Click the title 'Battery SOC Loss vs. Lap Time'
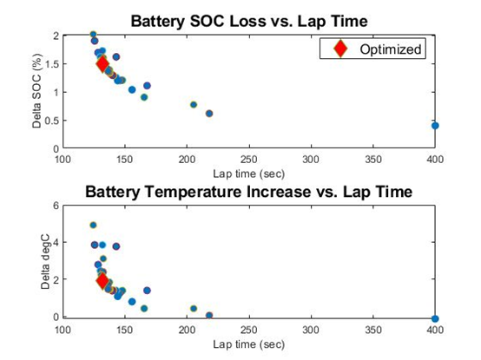click(x=249, y=22)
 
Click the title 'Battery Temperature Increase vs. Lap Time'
click(x=249, y=192)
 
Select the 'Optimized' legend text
click(x=391, y=49)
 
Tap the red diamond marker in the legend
click(x=340, y=49)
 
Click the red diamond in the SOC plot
click(x=102, y=64)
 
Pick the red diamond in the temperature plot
click(x=102, y=280)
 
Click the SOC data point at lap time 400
click(x=435, y=126)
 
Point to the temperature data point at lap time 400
click(x=435, y=318)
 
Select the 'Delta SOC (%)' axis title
click(x=36, y=91)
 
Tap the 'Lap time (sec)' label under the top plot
click(x=249, y=174)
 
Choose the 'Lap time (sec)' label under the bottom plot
click(x=249, y=344)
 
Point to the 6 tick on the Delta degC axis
click(x=56, y=206)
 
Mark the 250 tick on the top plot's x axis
click(x=249, y=160)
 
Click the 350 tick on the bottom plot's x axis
click(x=373, y=330)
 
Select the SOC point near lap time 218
click(x=209, y=114)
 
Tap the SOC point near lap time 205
click(x=194, y=105)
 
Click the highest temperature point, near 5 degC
click(x=93, y=226)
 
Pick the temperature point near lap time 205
click(x=194, y=309)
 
